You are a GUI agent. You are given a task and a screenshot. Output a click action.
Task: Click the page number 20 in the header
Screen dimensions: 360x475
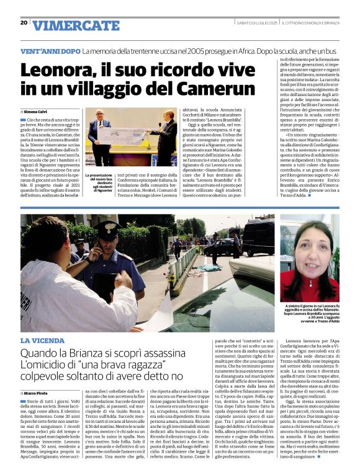24,22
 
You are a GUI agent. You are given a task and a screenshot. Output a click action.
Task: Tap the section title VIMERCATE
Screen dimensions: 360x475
76,25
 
